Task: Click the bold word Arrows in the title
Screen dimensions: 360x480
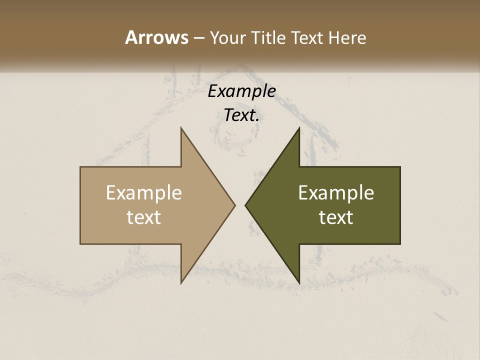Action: click(x=156, y=37)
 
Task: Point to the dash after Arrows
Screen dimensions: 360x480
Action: click(x=198, y=38)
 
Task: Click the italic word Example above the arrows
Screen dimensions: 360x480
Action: click(x=241, y=91)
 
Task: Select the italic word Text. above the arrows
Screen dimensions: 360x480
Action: click(x=241, y=115)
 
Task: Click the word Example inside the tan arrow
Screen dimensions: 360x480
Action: click(x=144, y=192)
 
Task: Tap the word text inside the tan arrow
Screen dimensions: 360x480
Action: click(x=144, y=217)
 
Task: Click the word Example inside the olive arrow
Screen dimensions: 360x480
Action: click(x=336, y=192)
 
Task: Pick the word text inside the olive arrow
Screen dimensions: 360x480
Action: click(x=336, y=217)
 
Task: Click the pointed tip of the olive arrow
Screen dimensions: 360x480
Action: click(x=246, y=205)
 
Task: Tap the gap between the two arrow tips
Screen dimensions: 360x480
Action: click(x=240, y=205)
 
